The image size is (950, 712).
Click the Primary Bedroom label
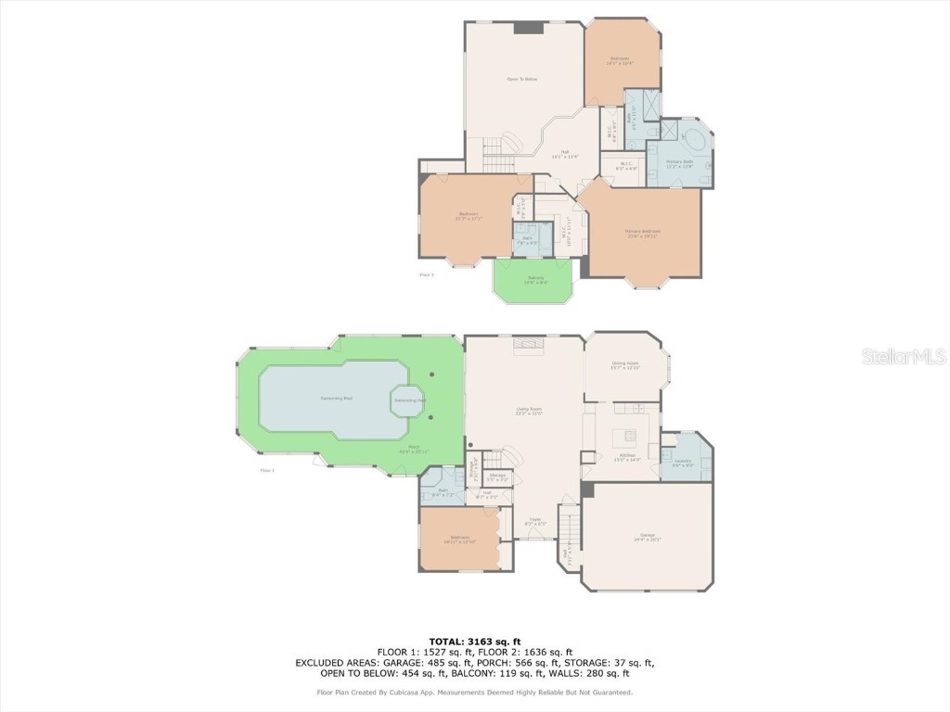coord(641,234)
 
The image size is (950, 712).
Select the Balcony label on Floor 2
coord(535,280)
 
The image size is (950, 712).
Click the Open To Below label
coord(521,80)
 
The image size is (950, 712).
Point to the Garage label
coord(648,537)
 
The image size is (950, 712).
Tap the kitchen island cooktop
coord(630,436)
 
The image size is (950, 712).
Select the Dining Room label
coord(625,365)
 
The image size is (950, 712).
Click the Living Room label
coord(529,411)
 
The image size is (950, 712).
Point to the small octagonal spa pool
coord(409,400)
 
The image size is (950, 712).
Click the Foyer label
coord(534,522)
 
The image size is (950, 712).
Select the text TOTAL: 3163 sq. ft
coord(474,642)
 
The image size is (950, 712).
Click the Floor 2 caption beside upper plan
coord(427,274)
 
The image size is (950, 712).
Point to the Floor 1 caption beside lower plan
coord(268,471)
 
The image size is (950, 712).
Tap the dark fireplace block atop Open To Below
coord(528,28)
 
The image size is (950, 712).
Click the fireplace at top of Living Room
coord(528,345)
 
